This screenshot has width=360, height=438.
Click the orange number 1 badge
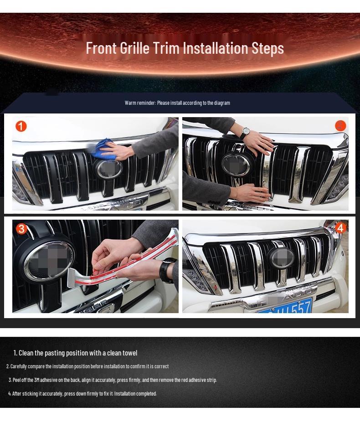tap(21, 126)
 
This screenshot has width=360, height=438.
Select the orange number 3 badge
tap(21, 229)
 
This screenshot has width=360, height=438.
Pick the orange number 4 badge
tap(340, 227)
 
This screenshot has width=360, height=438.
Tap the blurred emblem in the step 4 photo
tap(281, 258)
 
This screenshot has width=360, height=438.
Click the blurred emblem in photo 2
tap(236, 165)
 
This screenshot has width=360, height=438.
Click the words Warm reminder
tap(140, 103)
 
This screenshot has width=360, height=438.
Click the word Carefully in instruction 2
tap(19, 366)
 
